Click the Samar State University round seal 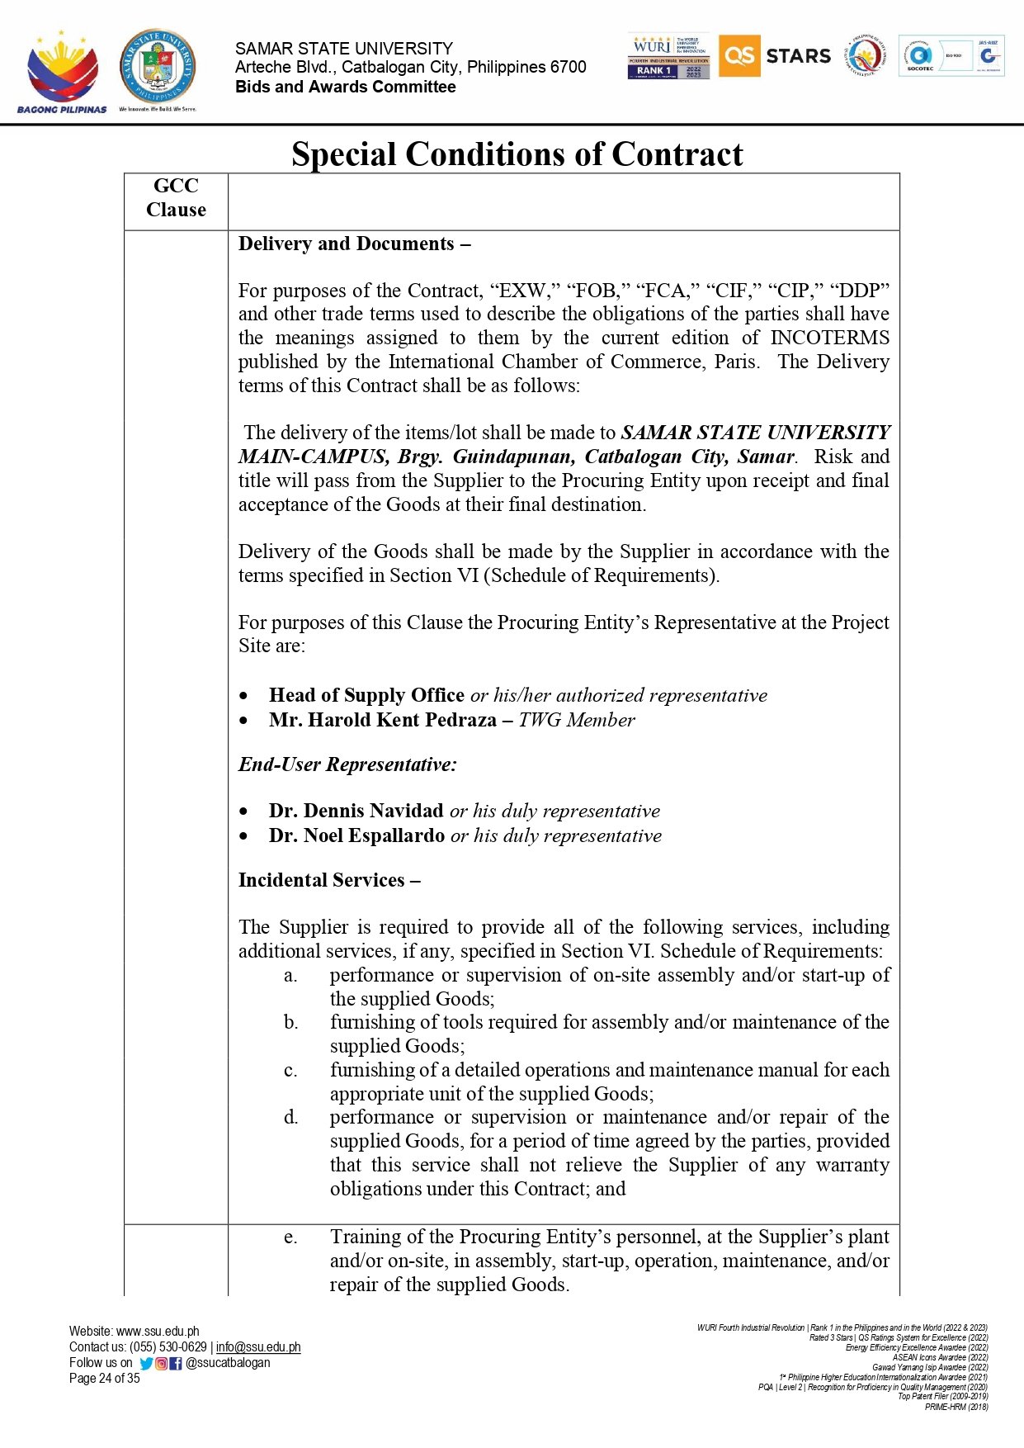point(158,67)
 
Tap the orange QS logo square point(739,56)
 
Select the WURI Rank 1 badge point(668,56)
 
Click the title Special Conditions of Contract point(517,154)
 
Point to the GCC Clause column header point(176,197)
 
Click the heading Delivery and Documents point(354,244)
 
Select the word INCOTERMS point(829,338)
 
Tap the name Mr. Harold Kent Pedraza point(383,720)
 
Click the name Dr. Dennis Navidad point(356,811)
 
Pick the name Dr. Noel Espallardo point(356,835)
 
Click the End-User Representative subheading point(347,764)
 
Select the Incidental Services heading point(329,880)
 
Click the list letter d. point(290,1117)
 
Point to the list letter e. point(290,1237)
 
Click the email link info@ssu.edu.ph point(258,1347)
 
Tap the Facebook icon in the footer point(175,1364)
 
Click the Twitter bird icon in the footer point(146,1364)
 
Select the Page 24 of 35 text point(105,1379)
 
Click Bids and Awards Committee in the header point(345,87)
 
